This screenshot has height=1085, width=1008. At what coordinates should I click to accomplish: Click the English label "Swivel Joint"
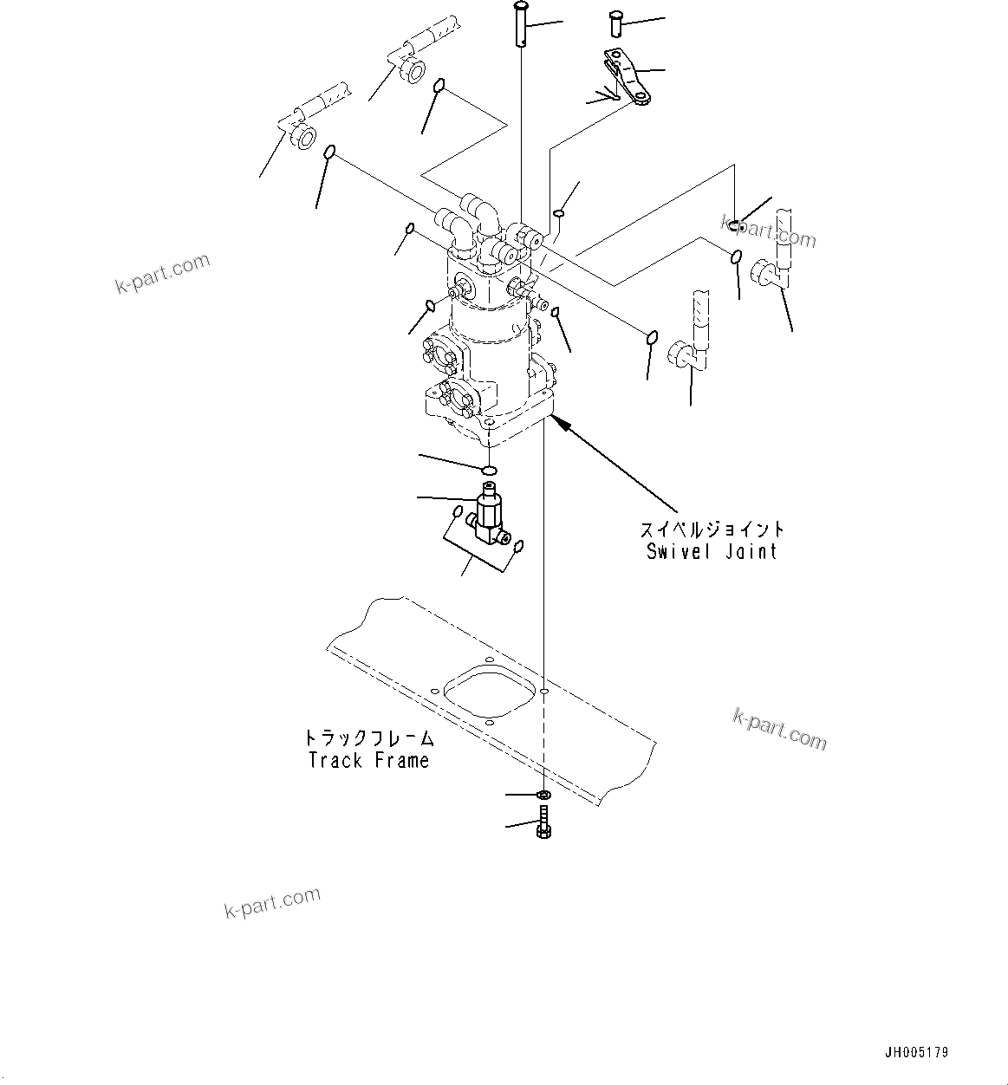click(x=712, y=552)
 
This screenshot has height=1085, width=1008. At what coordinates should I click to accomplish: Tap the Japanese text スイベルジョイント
click(x=712, y=529)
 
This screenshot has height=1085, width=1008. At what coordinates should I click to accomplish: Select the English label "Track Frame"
click(x=368, y=761)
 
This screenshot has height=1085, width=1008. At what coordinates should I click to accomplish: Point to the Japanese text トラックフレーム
click(x=368, y=738)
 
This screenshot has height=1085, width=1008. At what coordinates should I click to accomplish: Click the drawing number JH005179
click(x=916, y=1053)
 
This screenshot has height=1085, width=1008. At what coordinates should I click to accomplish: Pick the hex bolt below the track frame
click(x=543, y=823)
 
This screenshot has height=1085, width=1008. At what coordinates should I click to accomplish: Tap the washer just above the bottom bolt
click(x=543, y=796)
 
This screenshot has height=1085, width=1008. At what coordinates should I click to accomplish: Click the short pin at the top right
click(x=617, y=23)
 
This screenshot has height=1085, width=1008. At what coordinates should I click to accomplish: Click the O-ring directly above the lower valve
click(x=489, y=470)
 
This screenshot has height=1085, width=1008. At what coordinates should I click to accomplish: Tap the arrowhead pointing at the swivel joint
click(x=559, y=422)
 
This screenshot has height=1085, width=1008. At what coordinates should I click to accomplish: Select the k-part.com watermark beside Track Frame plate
click(x=779, y=728)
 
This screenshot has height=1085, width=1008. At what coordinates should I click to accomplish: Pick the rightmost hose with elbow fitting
click(x=777, y=256)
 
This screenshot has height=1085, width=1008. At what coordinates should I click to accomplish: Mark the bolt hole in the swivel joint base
click(x=490, y=425)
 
